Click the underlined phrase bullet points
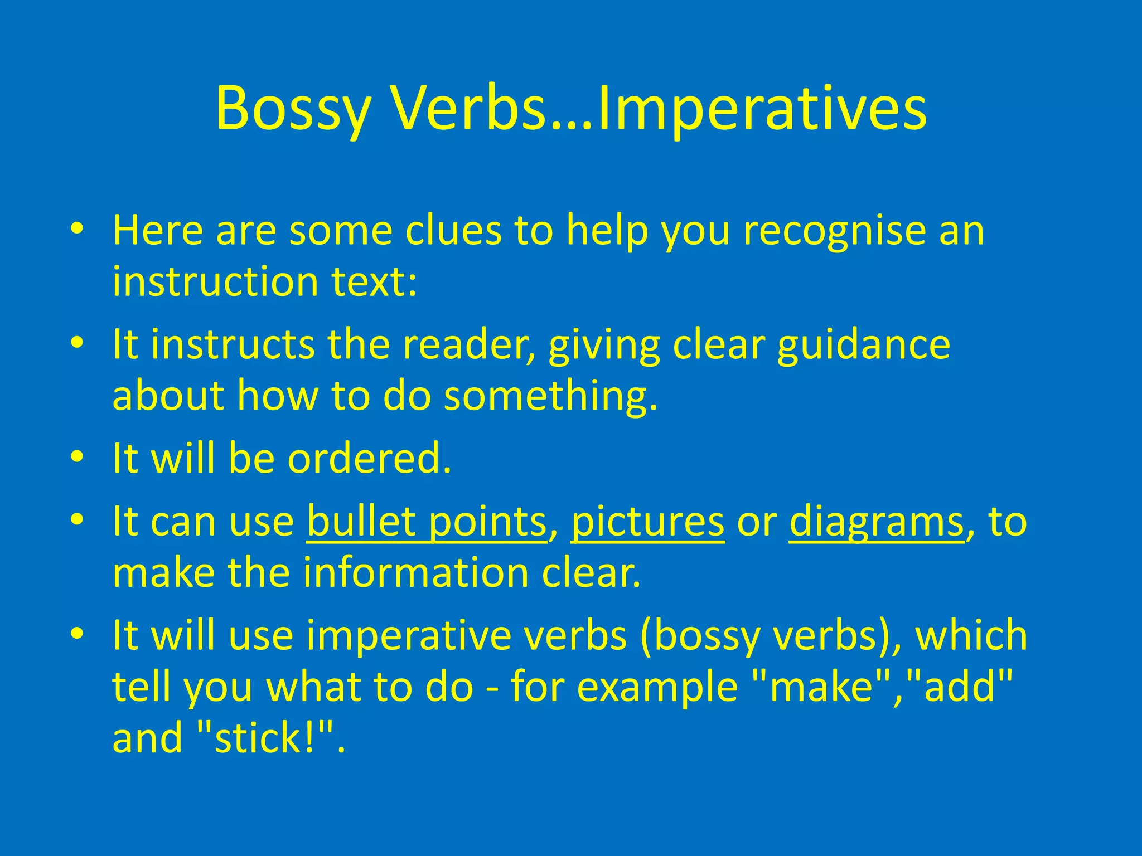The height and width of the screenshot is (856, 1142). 427,522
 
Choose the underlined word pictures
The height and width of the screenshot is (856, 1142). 647,522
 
